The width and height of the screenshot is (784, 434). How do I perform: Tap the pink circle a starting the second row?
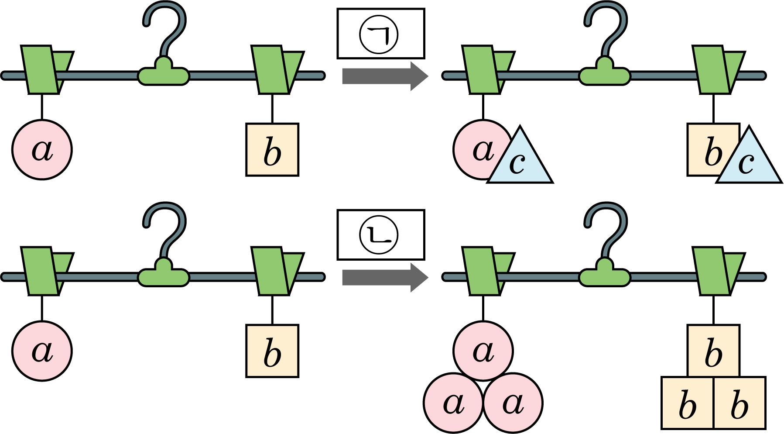click(42, 150)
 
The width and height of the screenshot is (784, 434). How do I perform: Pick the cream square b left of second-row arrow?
click(272, 150)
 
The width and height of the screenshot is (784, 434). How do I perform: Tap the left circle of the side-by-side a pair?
click(454, 403)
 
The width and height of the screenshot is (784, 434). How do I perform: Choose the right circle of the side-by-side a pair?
click(513, 403)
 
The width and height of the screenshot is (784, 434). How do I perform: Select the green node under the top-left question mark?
click(164, 73)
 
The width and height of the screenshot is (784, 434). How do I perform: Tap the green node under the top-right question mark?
click(605, 73)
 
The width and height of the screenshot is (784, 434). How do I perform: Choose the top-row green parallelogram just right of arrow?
click(482, 70)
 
